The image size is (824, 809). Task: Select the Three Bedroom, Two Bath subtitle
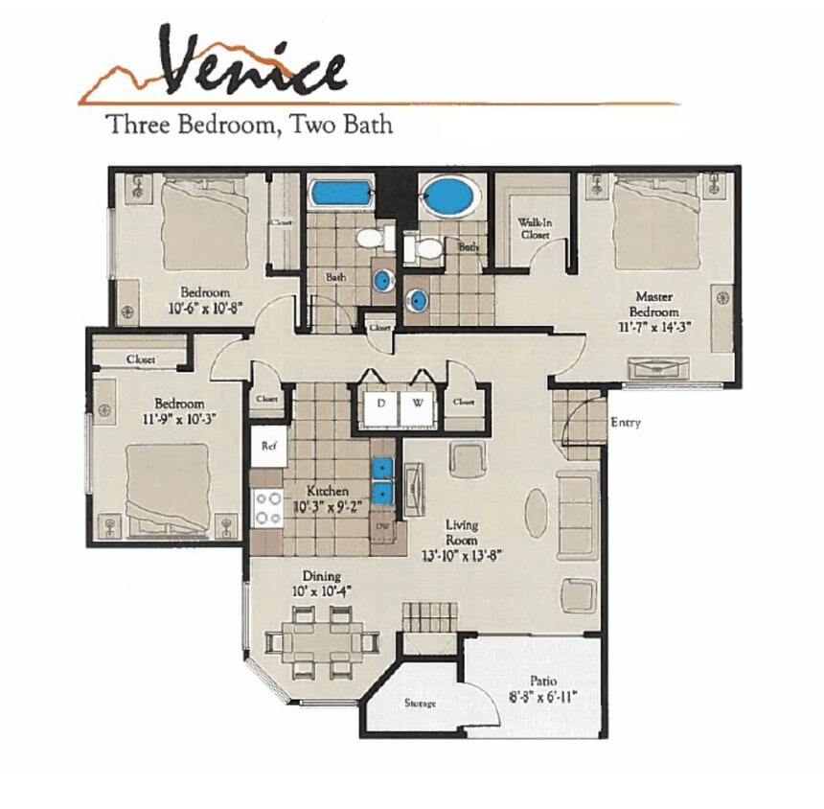(x=249, y=124)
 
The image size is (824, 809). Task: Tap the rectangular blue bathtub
(x=340, y=193)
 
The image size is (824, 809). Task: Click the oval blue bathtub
(x=448, y=196)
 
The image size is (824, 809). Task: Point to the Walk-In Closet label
(x=534, y=227)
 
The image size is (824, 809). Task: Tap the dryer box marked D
(x=380, y=404)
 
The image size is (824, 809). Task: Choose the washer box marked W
(x=418, y=404)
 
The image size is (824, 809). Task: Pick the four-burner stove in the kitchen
(x=268, y=509)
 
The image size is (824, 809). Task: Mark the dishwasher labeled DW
(x=383, y=526)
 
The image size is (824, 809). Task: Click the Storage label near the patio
(x=420, y=704)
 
